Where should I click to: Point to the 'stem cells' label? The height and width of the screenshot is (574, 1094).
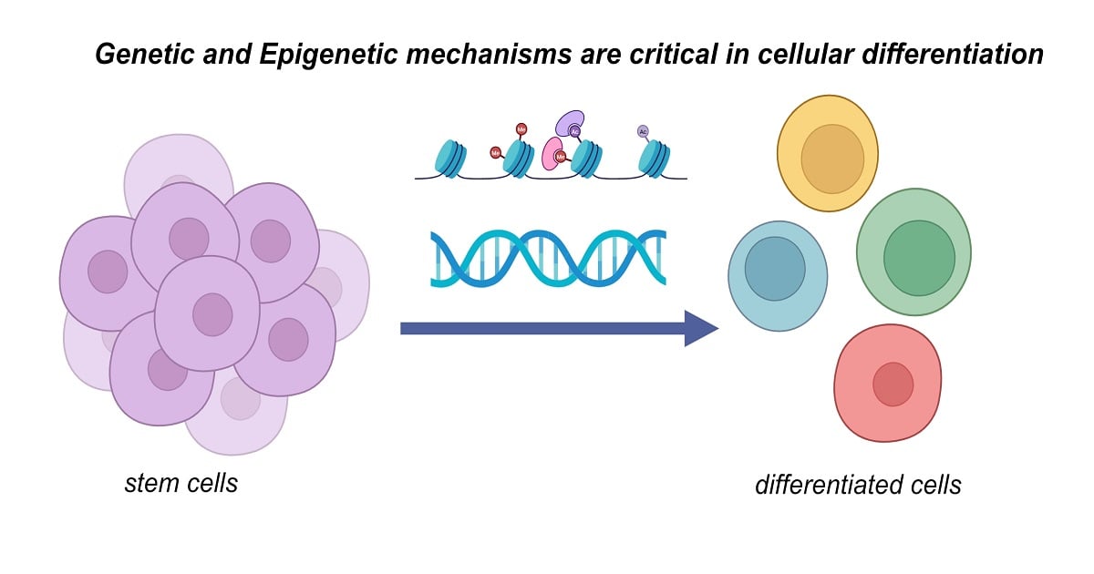[181, 482]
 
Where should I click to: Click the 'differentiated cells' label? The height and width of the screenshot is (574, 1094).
[858, 485]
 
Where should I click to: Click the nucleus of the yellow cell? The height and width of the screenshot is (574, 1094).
[832, 159]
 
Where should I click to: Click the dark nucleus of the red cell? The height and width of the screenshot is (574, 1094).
[893, 384]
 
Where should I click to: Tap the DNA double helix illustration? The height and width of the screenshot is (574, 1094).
[548, 259]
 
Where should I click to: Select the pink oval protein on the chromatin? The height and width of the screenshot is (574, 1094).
[552, 152]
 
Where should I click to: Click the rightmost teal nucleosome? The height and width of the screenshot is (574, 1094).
[654, 159]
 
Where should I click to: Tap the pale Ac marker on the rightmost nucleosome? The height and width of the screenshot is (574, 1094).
[643, 131]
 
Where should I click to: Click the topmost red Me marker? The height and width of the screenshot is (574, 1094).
[521, 128]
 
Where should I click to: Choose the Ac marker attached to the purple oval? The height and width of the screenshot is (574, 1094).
[574, 132]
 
